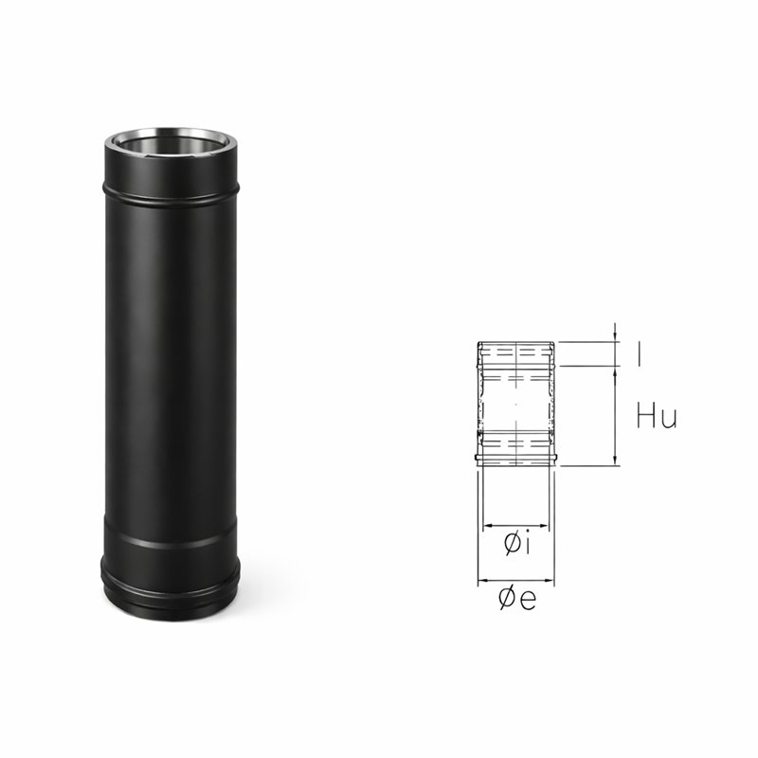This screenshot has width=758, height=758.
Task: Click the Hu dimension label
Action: pyautogui.click(x=657, y=416)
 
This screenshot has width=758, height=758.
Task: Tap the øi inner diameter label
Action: pyautogui.click(x=517, y=544)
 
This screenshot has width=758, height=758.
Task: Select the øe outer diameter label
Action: pyautogui.click(x=516, y=599)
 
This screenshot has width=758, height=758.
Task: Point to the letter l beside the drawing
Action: pyautogui.click(x=640, y=353)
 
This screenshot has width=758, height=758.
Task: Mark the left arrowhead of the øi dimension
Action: pyautogui.click(x=488, y=526)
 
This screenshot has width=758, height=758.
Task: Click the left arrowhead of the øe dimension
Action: pyautogui.click(x=483, y=580)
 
